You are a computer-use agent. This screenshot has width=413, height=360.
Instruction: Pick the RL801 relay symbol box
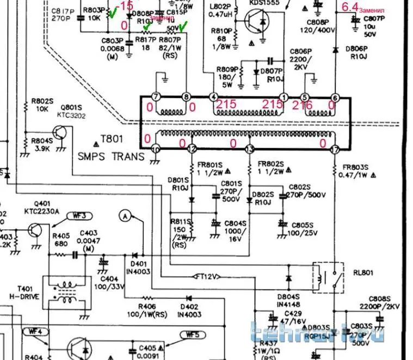coord(328,277)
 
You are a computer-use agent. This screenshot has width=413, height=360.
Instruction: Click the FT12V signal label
coord(207,277)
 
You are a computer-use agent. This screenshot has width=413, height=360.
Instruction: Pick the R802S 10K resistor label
coord(42,104)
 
